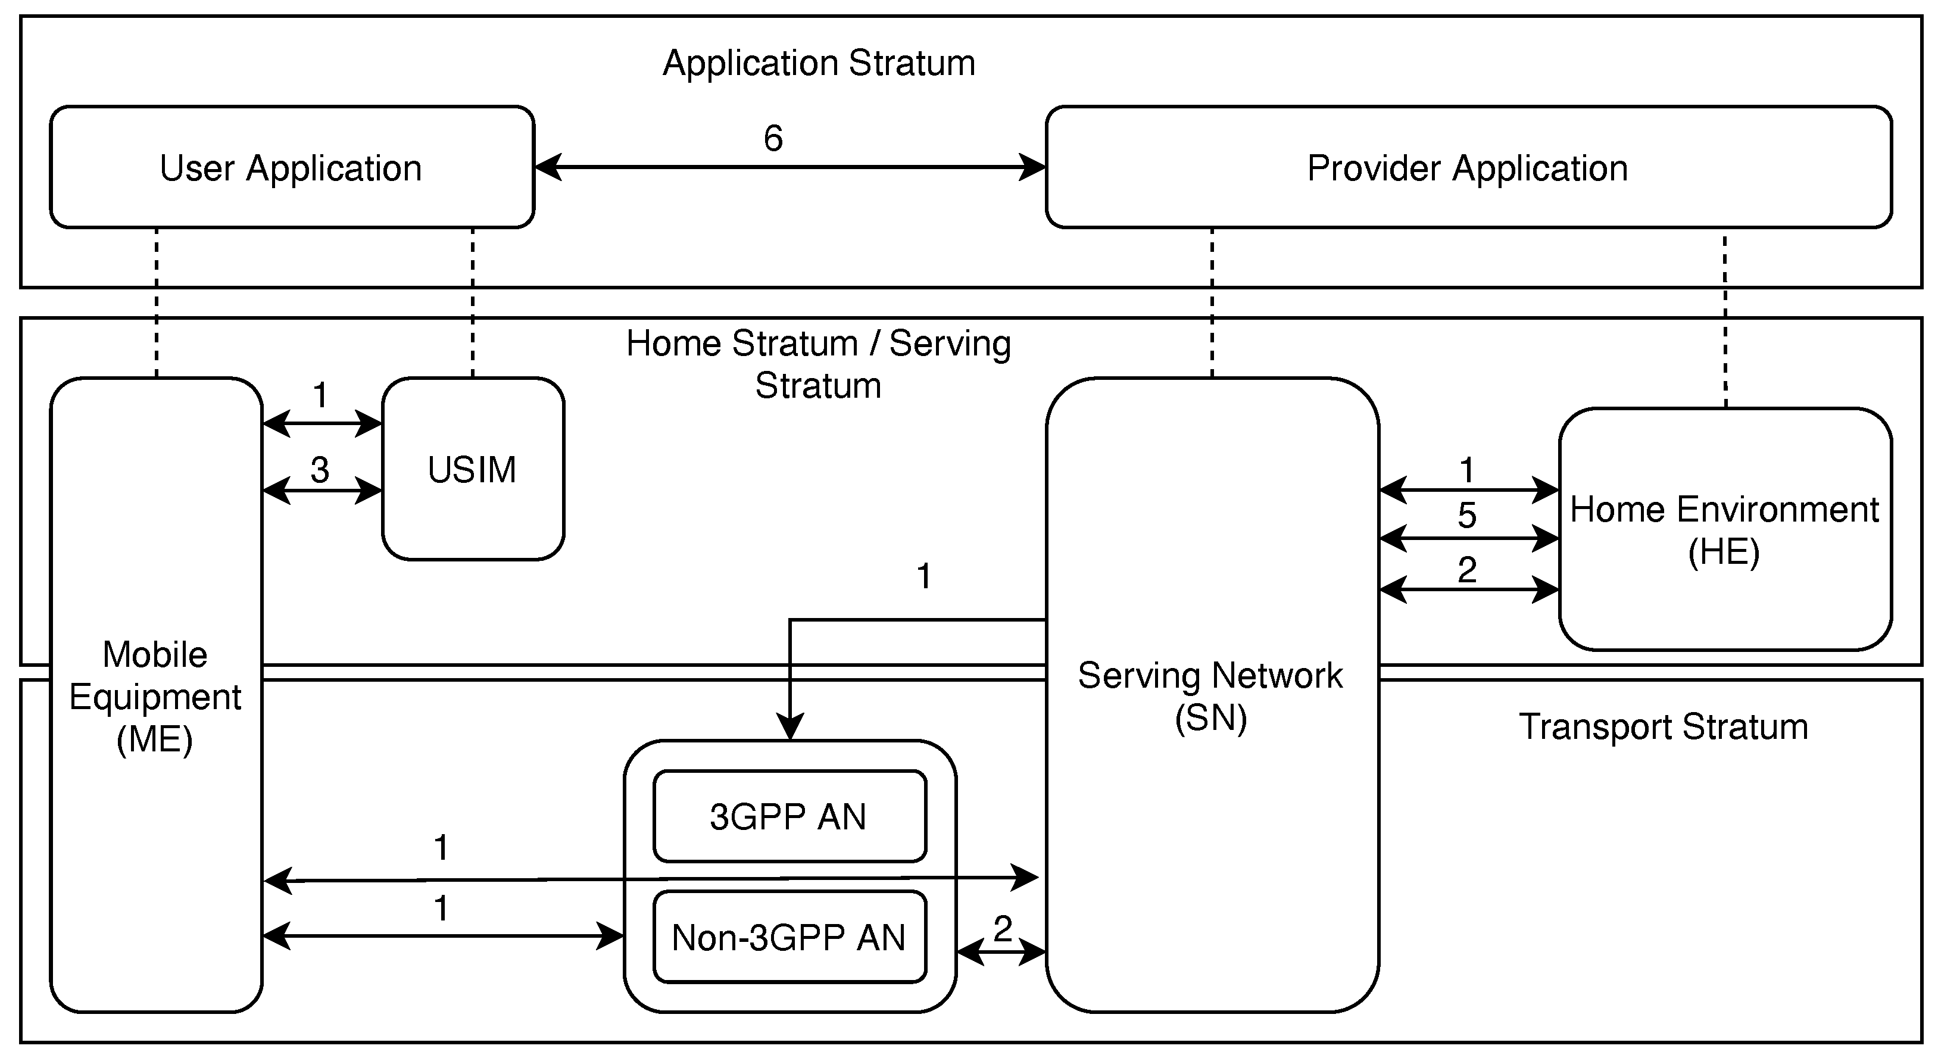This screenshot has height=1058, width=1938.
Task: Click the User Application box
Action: (x=291, y=167)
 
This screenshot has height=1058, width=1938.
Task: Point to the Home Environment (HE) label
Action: (x=1724, y=530)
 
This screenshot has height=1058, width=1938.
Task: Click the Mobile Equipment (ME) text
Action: (x=155, y=697)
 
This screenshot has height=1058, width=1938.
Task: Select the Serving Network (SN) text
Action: (x=1210, y=696)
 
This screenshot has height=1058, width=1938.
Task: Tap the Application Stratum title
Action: (x=819, y=63)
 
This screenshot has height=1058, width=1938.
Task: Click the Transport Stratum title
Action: (x=1663, y=727)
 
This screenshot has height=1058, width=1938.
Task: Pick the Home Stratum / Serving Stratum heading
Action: (x=819, y=364)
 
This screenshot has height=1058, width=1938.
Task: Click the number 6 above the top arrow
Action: (x=773, y=139)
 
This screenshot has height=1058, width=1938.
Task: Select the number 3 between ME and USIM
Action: (x=320, y=470)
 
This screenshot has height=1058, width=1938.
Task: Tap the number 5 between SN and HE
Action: (x=1467, y=516)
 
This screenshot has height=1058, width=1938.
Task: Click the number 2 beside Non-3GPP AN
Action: (x=1002, y=929)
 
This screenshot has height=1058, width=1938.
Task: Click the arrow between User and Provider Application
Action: (x=790, y=167)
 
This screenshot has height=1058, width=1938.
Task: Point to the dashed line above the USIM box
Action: (x=473, y=301)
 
